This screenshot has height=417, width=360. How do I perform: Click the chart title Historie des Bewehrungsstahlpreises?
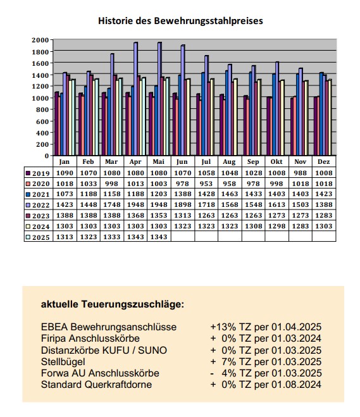click(180, 21)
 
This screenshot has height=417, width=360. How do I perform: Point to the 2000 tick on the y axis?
click(40, 40)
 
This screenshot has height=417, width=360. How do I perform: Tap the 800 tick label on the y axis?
click(43, 109)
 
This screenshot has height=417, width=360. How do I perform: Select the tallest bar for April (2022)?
click(135, 99)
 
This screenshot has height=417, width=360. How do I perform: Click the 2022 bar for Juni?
click(183, 100)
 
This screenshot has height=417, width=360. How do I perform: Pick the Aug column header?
click(229, 162)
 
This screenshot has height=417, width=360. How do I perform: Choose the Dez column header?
click(323, 162)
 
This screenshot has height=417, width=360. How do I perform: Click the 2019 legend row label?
click(41, 173)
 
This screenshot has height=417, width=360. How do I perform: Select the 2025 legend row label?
click(41, 237)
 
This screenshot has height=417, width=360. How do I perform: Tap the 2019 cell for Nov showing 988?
click(300, 173)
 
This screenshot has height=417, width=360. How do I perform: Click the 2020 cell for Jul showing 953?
click(206, 184)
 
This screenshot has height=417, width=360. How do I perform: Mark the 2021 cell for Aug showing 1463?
click(230, 194)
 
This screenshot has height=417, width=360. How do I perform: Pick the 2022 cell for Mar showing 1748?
click(112, 205)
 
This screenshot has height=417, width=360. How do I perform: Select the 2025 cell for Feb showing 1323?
click(89, 237)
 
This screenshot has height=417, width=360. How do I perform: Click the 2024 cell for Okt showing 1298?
click(276, 226)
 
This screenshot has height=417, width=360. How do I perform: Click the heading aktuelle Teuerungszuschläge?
click(112, 304)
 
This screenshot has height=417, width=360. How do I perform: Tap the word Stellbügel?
click(63, 362)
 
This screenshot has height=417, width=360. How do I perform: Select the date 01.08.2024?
click(296, 385)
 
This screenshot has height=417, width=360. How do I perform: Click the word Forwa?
click(55, 373)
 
